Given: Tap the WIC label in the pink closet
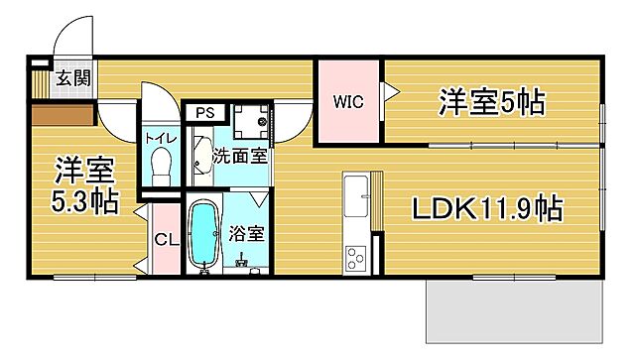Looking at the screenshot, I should [x=347, y=101].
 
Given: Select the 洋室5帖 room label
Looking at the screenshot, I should [x=493, y=101].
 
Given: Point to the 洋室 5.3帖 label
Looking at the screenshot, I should [x=85, y=185].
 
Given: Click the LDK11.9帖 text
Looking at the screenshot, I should [x=488, y=209].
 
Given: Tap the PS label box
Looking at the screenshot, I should [x=204, y=112].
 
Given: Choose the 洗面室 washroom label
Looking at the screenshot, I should [x=241, y=155].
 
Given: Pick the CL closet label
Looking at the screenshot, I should [x=165, y=241].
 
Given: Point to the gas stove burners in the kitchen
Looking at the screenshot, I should [x=355, y=259].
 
